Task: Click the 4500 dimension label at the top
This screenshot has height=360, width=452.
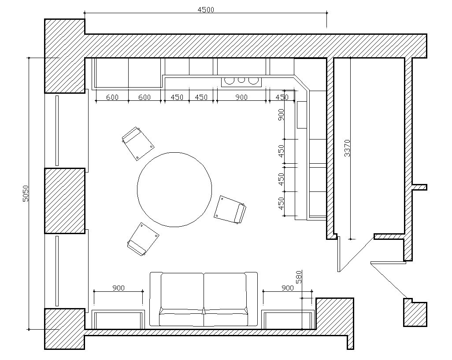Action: (206, 10)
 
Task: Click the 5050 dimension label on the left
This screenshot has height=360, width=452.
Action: (26, 193)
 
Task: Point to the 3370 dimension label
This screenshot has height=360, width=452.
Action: (347, 148)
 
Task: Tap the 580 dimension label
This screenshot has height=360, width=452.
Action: (299, 277)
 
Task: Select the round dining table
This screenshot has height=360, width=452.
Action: (174, 190)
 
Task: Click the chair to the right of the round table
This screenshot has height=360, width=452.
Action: (230, 209)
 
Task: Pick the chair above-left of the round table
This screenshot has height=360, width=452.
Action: (138, 143)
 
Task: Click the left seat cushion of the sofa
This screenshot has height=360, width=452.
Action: (182, 291)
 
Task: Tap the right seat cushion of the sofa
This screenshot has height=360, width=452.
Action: (225, 291)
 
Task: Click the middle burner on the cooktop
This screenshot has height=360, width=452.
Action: (241, 80)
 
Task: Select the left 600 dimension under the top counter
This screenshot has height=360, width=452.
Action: (112, 97)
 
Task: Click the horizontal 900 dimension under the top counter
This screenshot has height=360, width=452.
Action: (241, 97)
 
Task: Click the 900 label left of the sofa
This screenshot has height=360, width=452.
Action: (119, 288)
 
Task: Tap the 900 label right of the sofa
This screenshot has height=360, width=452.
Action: (287, 288)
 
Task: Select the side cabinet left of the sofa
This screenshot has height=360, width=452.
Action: (118, 320)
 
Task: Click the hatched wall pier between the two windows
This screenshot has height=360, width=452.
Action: (65, 201)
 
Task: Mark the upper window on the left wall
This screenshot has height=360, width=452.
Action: (57, 130)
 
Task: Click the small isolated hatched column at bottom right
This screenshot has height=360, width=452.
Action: (415, 312)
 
